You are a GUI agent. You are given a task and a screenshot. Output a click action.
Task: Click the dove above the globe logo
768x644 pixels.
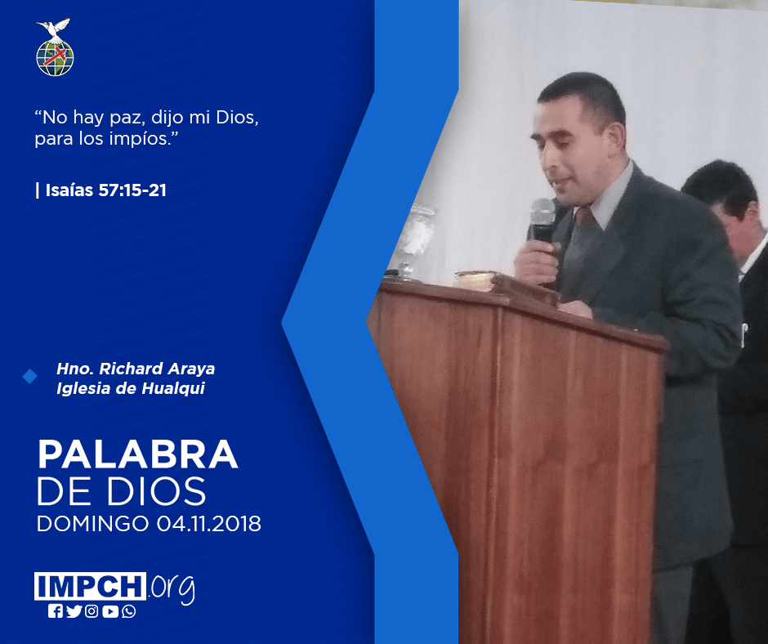(53, 28)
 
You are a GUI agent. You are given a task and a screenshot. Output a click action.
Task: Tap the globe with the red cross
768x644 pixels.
(55, 58)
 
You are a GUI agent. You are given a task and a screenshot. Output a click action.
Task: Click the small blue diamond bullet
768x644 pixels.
(30, 377)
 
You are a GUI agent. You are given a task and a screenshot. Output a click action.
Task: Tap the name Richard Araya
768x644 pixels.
(157, 369)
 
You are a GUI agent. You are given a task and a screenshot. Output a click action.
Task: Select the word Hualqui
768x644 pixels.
(173, 388)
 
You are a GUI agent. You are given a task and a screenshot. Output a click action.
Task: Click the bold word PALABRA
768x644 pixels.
(137, 455)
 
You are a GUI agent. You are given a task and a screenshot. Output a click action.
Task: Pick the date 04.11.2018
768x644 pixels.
(208, 523)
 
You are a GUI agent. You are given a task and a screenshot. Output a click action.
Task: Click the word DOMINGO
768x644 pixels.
(92, 523)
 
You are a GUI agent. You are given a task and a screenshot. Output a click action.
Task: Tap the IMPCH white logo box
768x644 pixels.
(90, 586)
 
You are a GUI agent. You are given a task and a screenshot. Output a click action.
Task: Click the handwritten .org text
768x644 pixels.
(172, 588)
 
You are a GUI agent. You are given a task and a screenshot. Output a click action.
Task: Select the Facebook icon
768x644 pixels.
(56, 611)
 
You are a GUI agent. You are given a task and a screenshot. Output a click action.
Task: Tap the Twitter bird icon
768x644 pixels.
(74, 611)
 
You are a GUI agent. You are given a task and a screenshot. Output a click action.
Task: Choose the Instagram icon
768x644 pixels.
(92, 611)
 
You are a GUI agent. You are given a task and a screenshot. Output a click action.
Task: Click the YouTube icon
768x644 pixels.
(110, 611)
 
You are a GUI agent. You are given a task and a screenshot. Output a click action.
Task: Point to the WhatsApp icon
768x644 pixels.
(129, 611)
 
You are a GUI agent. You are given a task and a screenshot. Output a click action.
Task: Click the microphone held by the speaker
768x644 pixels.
(543, 220)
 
